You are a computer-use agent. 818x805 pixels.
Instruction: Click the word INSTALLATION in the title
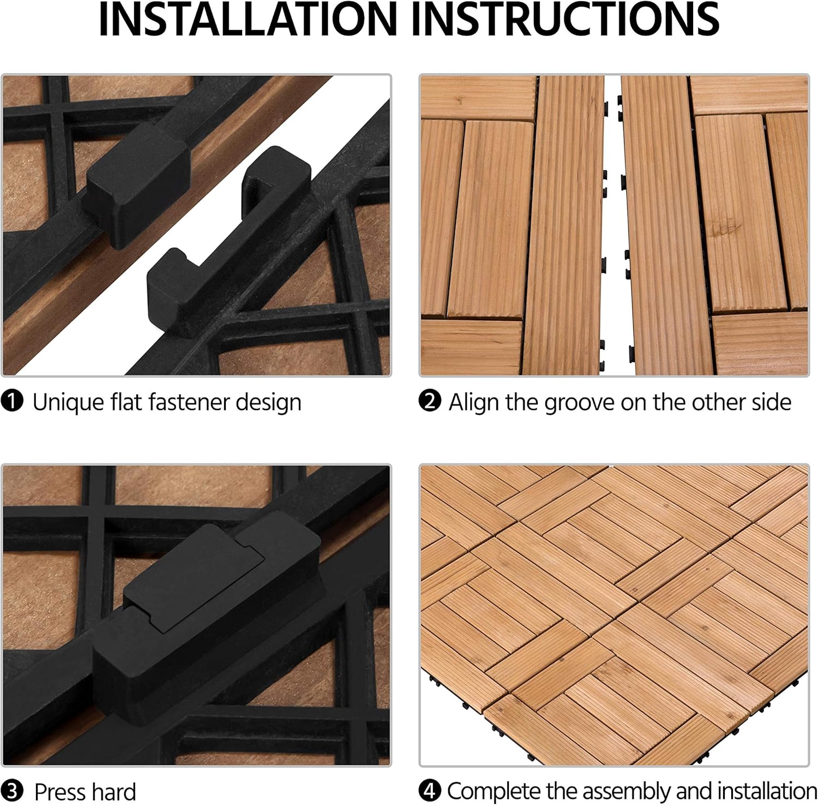pyautogui.click(x=248, y=19)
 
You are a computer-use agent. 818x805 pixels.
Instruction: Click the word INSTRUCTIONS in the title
pyautogui.click(x=564, y=19)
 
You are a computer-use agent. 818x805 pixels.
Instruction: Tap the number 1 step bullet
pyautogui.click(x=12, y=402)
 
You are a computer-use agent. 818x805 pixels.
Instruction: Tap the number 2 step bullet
pyautogui.click(x=430, y=402)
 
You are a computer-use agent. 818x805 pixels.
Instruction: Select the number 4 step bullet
pyautogui.click(x=430, y=791)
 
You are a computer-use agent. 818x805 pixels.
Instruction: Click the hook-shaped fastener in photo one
pyautogui.click(x=229, y=246)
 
